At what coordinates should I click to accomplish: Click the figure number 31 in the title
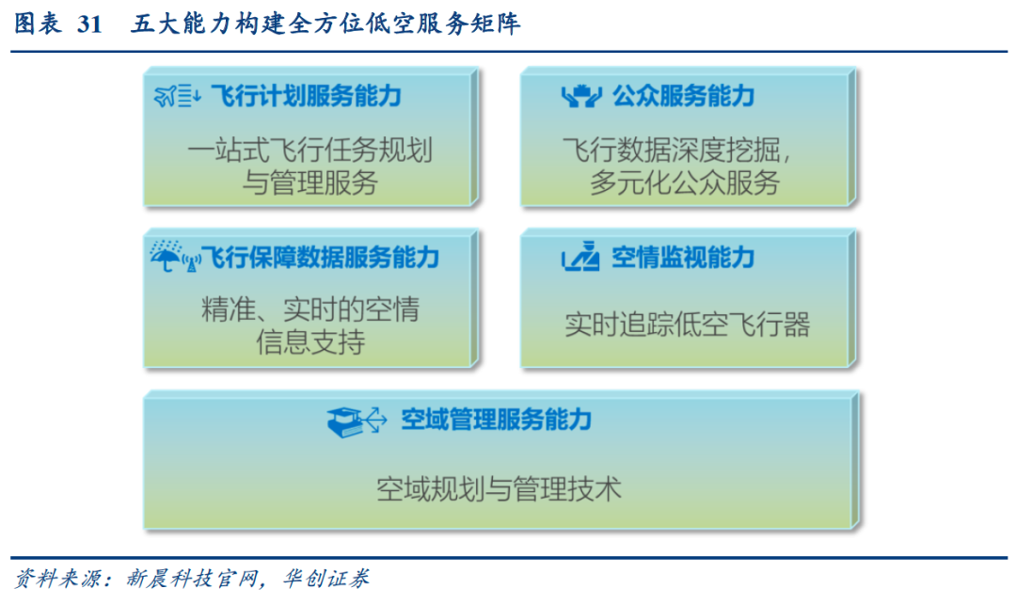click(89, 24)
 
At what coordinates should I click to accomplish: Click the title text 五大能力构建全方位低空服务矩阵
click(325, 24)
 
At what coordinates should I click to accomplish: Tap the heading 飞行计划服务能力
click(307, 96)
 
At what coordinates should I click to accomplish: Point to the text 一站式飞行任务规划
click(310, 151)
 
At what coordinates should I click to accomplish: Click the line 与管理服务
click(310, 182)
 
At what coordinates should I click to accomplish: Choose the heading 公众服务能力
click(684, 96)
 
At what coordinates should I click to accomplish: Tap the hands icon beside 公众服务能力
click(581, 96)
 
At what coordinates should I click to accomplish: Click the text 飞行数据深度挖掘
click(672, 151)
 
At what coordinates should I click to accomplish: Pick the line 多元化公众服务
click(684, 182)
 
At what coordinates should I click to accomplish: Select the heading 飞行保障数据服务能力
click(320, 257)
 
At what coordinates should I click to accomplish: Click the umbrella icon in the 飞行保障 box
click(166, 257)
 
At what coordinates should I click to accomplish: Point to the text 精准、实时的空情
click(310, 310)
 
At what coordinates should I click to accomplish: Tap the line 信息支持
click(310, 342)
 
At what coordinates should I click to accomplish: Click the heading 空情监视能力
click(684, 257)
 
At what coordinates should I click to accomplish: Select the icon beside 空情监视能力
click(580, 256)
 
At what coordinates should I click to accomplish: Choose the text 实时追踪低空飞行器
click(688, 324)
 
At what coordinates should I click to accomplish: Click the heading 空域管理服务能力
click(497, 419)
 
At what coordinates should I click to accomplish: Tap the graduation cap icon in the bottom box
click(344, 422)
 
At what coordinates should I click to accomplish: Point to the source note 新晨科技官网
click(192, 578)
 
